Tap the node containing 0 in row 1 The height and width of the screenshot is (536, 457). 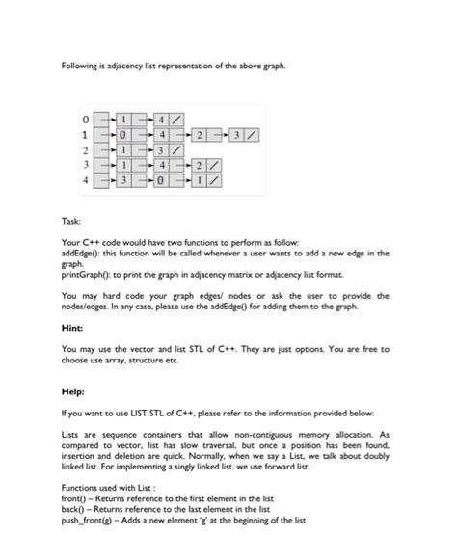tap(123, 134)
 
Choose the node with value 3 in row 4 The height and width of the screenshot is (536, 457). tap(123, 180)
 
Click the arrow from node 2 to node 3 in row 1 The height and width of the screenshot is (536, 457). tap(219, 134)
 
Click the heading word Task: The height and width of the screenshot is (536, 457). tap(71, 221)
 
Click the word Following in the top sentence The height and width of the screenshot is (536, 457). tap(81, 66)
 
